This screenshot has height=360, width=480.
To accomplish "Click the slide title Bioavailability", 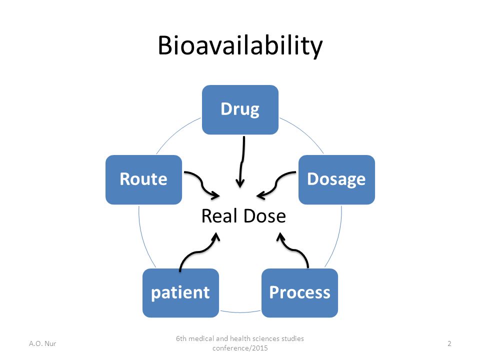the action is coord(240,45).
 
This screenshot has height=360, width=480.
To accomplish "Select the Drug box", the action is coord(240,109).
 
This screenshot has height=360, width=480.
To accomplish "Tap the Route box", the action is coord(144,179).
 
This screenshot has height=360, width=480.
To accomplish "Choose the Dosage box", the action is coord(336,179).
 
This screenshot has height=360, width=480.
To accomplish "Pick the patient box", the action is coord(180,293).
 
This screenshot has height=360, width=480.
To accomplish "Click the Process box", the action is coord(299,293).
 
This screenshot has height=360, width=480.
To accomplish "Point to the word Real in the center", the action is coord(220,216).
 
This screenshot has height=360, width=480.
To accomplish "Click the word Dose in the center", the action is coord(265,216).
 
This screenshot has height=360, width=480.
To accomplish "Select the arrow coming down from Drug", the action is coord(242,162).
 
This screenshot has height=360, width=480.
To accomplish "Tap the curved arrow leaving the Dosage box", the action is coord(276,183).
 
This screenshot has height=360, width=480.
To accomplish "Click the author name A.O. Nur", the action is coord(42,343).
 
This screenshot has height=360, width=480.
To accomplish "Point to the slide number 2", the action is coord(449,343).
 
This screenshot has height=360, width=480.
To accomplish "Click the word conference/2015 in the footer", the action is coord(240,348).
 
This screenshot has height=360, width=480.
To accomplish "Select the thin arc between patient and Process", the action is coord(240,312).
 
